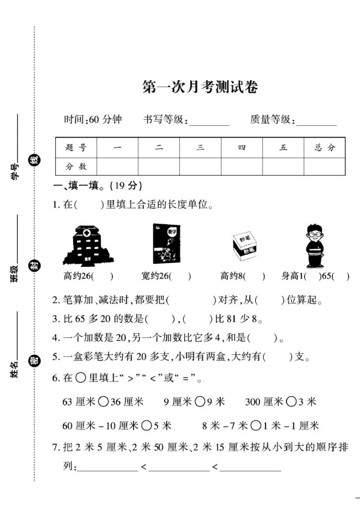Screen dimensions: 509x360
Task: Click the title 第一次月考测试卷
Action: tap(200, 87)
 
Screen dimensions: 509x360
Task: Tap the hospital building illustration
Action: tap(89, 246)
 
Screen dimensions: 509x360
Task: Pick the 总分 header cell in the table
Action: tap(325, 148)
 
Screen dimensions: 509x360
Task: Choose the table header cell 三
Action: tap(200, 148)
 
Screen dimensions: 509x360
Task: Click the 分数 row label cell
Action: tap(76, 167)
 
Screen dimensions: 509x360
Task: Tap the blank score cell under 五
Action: tap(283, 167)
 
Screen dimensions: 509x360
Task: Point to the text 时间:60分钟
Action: tap(93, 120)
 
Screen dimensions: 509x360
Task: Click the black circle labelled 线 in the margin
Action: tap(34, 160)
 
